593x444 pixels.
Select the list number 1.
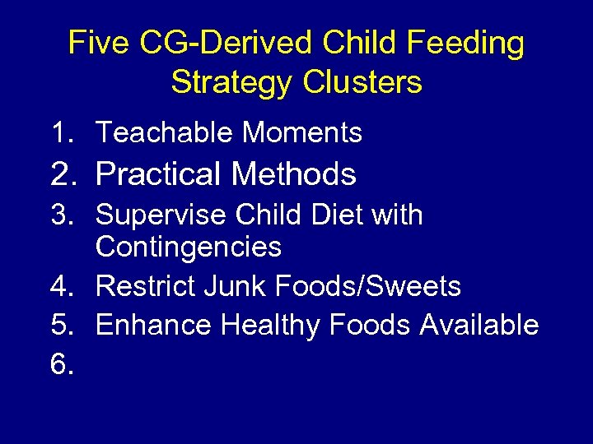[63, 132]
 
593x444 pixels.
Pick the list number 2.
[64, 174]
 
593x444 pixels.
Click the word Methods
[293, 174]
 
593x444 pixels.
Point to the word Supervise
[161, 215]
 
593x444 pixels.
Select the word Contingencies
[189, 247]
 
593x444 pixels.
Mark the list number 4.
[63, 286]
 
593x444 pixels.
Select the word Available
[479, 326]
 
